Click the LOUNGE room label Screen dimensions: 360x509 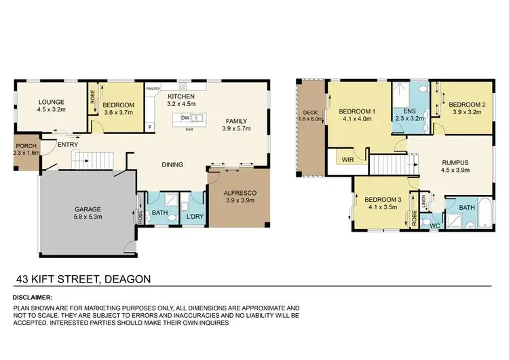[x=52, y=103]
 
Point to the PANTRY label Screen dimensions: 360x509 [x=153, y=87]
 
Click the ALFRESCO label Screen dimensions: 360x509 [x=239, y=193]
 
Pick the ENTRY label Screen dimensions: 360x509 [x=67, y=145]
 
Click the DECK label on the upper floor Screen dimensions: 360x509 [x=310, y=113]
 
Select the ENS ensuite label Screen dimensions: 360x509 [x=409, y=110]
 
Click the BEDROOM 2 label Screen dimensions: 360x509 [x=468, y=105]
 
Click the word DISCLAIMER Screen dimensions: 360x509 [x=32, y=298]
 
